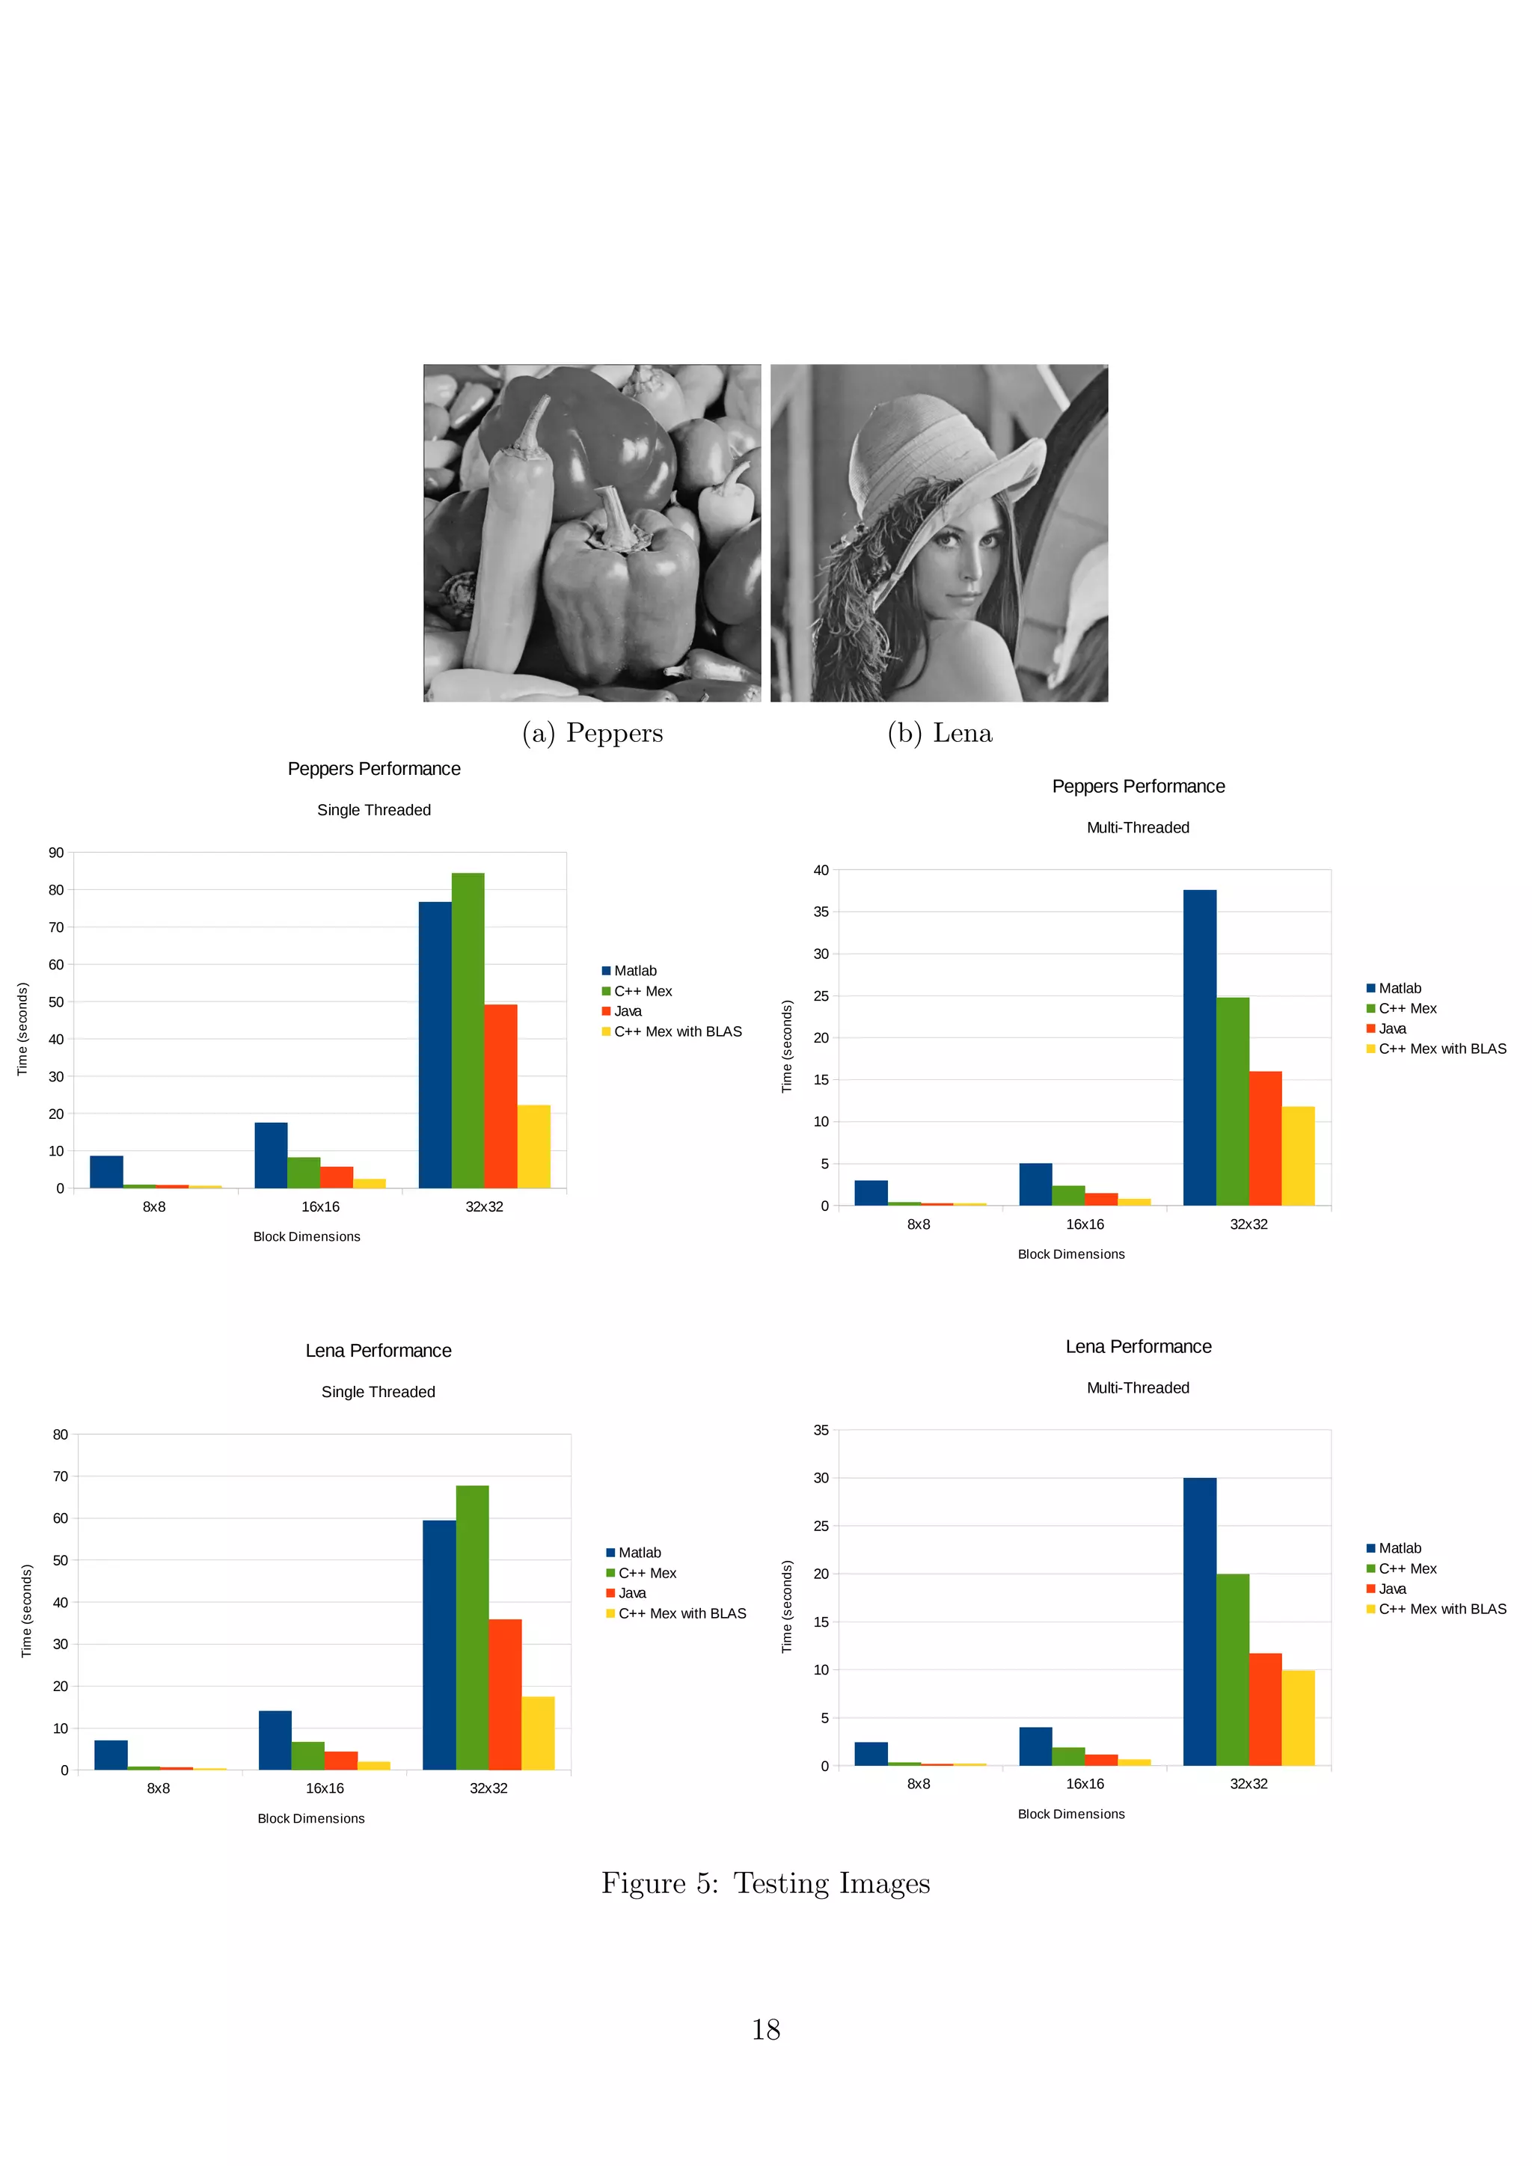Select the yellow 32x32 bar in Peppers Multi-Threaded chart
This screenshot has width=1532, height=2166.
(x=1298, y=1156)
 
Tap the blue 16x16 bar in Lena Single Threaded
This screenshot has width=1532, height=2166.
(x=275, y=1740)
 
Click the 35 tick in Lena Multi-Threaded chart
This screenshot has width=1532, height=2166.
(x=821, y=1430)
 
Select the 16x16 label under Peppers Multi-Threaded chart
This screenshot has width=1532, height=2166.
(x=1085, y=1224)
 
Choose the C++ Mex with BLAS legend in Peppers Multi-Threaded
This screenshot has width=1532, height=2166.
(x=1441, y=1048)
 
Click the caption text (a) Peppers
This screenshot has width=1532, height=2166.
(x=592, y=733)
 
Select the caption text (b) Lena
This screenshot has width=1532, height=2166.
(x=940, y=733)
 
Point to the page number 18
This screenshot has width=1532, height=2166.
(x=765, y=2029)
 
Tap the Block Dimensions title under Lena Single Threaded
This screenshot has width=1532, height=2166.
(x=310, y=1818)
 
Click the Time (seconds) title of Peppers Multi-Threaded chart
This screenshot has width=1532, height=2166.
(x=787, y=1046)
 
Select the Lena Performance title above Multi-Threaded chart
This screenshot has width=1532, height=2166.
(x=1138, y=1346)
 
